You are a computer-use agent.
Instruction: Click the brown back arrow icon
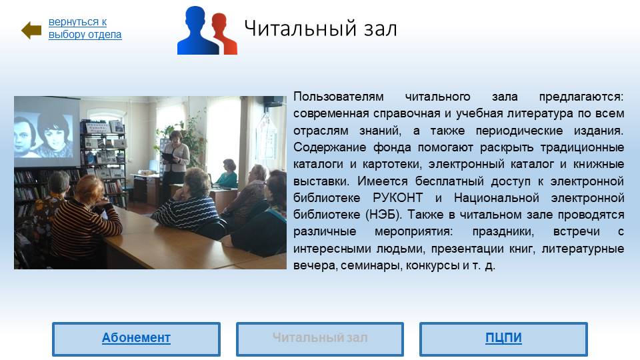click(31, 30)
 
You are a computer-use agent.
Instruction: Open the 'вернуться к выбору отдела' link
click(85, 28)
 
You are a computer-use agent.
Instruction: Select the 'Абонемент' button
click(136, 339)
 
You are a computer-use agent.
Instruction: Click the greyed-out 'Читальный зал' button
click(320, 339)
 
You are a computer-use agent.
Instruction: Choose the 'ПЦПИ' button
click(503, 339)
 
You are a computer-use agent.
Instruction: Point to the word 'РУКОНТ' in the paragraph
click(397, 198)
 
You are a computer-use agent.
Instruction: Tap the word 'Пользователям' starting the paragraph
click(339, 97)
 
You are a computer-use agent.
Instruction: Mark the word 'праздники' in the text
click(503, 232)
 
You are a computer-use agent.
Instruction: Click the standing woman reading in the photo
click(175, 163)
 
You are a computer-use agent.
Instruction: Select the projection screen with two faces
click(47, 131)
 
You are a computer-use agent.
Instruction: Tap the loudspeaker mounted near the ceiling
click(273, 101)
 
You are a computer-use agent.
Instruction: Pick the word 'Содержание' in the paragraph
click(329, 147)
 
